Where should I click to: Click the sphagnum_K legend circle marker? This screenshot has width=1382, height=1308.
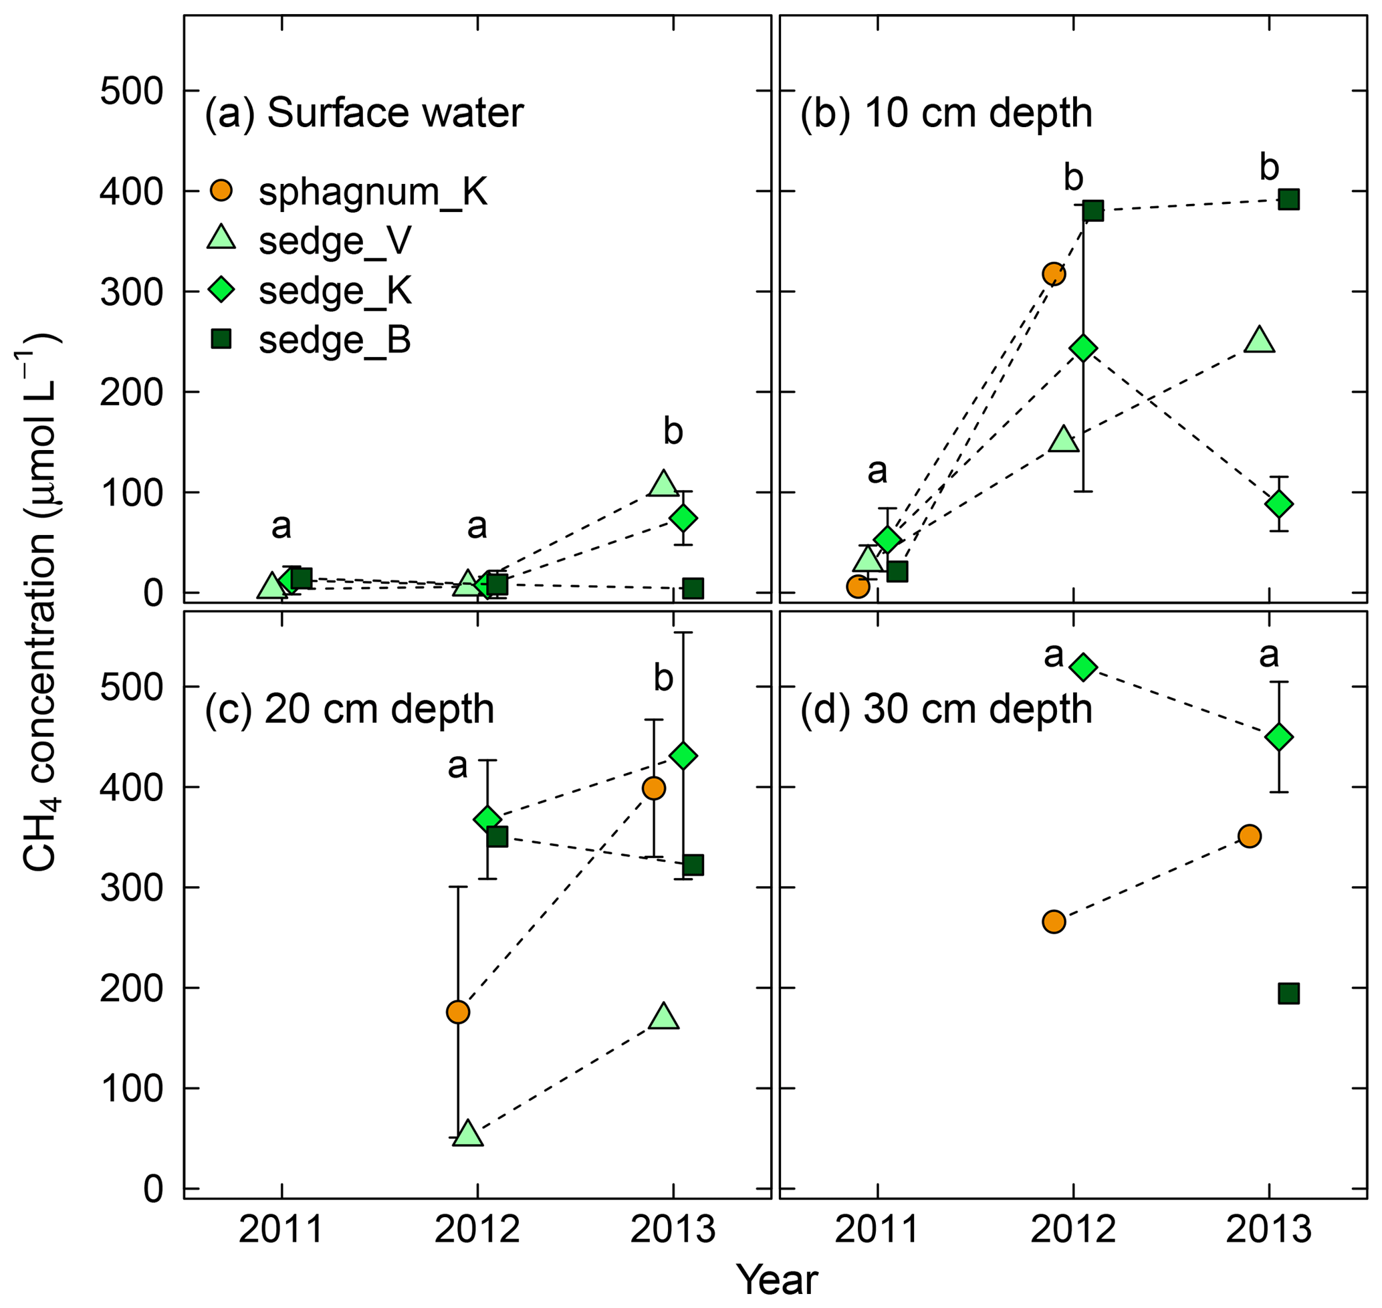(x=221, y=191)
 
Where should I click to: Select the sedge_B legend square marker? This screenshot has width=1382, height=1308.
(x=221, y=340)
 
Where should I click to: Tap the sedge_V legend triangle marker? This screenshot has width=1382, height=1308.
(x=221, y=239)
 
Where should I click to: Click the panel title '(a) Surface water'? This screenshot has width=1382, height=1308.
(x=363, y=113)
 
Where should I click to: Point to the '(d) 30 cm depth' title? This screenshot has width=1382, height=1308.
(x=945, y=710)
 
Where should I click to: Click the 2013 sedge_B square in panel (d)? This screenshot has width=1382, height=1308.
(x=1288, y=994)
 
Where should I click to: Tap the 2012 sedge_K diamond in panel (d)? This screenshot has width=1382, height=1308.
(x=1084, y=667)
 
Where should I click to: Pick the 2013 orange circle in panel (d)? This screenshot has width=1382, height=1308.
(x=1250, y=836)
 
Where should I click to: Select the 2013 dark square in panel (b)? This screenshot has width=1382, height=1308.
(x=1288, y=200)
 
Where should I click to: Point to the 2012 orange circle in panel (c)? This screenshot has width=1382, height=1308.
(x=457, y=1012)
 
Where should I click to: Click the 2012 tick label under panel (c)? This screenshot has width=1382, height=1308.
(x=477, y=1229)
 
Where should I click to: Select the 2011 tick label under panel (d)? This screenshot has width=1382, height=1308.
(x=877, y=1229)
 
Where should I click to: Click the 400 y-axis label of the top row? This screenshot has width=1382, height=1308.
(x=131, y=191)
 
